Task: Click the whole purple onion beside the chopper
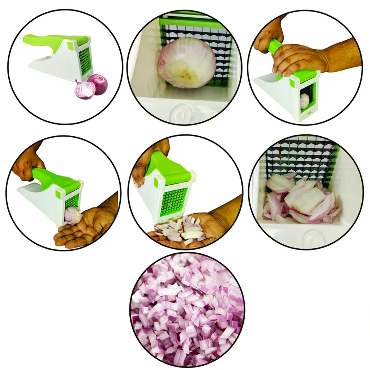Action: pos(98,84)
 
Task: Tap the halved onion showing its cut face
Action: pos(84,90)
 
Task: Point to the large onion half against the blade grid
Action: pos(187,63)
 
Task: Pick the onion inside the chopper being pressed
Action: pos(305,101)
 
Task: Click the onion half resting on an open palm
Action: pos(73,215)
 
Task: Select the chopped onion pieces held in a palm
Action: pos(181,228)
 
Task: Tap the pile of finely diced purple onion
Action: pos(187,311)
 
